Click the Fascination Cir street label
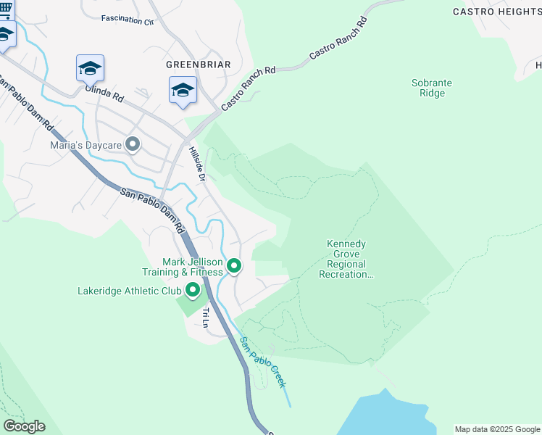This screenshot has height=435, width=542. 128,20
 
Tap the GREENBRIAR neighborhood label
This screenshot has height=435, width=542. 199,65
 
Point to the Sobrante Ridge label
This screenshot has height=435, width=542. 432,88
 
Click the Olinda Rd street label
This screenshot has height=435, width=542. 104,93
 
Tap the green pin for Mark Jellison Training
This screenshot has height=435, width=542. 233,266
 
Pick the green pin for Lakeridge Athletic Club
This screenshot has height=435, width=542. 193,291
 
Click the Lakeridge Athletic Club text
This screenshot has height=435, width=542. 130,291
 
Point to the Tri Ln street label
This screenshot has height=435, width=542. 206,318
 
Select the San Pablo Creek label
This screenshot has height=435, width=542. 264,362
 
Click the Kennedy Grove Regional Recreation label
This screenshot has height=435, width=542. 346,260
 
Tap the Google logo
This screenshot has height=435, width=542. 24,426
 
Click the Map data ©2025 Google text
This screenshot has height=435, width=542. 496,429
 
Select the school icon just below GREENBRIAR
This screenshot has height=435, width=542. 183,91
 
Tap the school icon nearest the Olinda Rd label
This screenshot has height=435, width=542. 90,68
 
